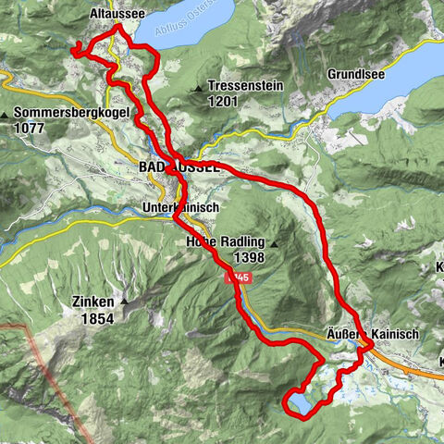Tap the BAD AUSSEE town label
click(x=179, y=167)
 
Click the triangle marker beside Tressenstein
click(x=199, y=88)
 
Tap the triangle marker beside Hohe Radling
click(x=274, y=242)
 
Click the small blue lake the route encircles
click(x=302, y=403)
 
